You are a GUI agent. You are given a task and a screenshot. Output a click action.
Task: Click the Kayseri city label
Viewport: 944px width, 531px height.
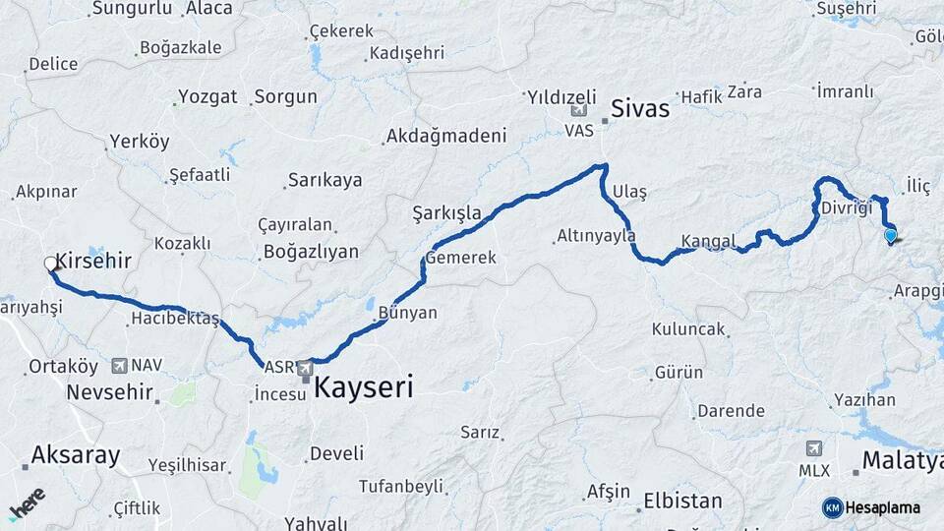pos(363,387)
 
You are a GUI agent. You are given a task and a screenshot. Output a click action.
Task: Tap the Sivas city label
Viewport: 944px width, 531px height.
pos(640,108)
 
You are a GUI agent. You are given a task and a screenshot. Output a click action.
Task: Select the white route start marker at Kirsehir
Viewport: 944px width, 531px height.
pos(51,264)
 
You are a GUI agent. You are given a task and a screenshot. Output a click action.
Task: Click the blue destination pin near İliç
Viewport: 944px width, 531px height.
pos(890,236)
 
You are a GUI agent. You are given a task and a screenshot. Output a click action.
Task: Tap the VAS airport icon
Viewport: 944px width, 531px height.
pos(577,112)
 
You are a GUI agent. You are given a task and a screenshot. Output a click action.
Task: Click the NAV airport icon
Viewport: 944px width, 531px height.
pos(120,366)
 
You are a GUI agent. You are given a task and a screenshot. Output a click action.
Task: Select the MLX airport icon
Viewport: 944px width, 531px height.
pos(814,449)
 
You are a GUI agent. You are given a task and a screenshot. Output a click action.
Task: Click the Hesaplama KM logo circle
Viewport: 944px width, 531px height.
pos(832,507)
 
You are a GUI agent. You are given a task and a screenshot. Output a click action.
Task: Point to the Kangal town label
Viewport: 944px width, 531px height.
pos(708,241)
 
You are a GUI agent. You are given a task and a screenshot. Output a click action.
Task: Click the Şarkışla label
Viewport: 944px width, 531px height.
pos(446,212)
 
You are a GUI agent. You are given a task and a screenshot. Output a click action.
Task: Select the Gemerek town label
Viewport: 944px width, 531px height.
pos(459,258)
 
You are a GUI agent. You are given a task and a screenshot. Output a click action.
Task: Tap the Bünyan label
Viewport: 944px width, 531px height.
pos(407,312)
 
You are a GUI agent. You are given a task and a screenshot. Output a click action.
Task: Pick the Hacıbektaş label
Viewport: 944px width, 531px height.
pos(174,320)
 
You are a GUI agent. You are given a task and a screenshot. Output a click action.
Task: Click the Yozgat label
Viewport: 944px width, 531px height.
pos(208,96)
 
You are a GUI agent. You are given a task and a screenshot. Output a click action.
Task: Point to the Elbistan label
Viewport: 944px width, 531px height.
pos(682,500)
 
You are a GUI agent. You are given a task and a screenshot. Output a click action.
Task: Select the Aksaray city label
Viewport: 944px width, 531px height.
pos(76,455)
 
